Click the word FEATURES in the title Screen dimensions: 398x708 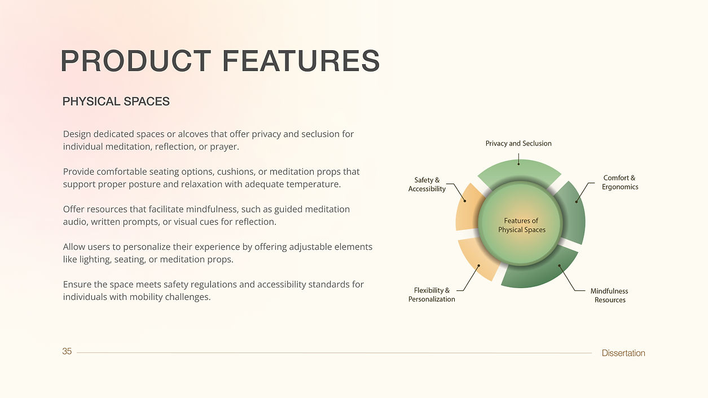pos(301,61)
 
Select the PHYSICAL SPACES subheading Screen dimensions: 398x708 pos(116,101)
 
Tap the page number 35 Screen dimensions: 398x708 pos(67,351)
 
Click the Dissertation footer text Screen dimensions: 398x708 pos(623,353)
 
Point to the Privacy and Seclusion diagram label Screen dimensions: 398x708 pos(518,143)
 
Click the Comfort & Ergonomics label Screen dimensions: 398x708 pos(619,182)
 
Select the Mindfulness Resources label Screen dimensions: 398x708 pos(609,295)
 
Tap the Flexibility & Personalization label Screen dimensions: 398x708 pos(432,294)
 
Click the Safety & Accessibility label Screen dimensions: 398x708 pos(427,184)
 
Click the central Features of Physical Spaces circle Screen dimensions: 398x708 pos(521,224)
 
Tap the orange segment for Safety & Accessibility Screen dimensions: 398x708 pos(468,206)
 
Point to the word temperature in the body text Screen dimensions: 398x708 pos(314,184)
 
